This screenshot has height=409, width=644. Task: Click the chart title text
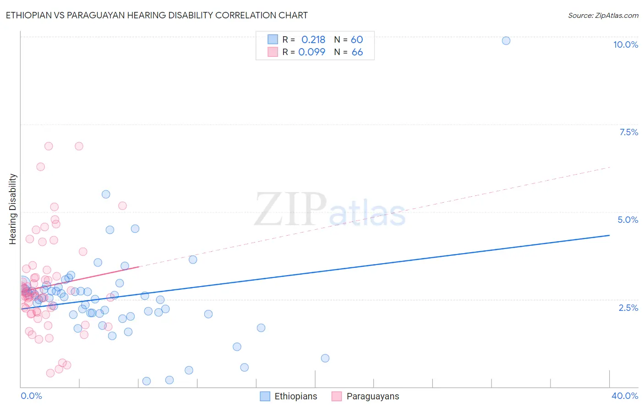[157, 15]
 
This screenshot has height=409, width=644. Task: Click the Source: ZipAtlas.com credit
[603, 15]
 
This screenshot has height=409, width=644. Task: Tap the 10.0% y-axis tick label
[625, 44]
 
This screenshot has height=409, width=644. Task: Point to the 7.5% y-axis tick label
[628, 132]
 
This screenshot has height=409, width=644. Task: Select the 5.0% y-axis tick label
[628, 220]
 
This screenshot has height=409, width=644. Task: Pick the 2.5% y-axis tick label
[628, 308]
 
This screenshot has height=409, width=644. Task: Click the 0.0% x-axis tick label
[31, 396]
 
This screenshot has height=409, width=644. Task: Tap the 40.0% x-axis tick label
[624, 396]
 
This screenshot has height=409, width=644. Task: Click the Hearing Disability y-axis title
[12, 209]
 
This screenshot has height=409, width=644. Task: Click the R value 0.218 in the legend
[313, 39]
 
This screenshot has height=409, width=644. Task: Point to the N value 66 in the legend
[357, 52]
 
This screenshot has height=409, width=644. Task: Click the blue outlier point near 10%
[506, 40]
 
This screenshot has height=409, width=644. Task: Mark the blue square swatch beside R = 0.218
[273, 39]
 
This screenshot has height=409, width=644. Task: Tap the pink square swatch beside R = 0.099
[273, 52]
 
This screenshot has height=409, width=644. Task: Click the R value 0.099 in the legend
[312, 52]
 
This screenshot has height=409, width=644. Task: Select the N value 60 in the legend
[357, 39]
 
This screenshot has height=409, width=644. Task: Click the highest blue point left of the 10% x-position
[106, 194]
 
